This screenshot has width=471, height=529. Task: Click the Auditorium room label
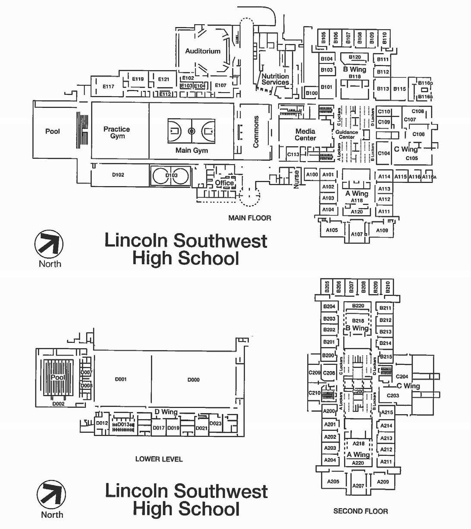[x=203, y=51]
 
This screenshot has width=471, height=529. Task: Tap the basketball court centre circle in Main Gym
[x=192, y=131]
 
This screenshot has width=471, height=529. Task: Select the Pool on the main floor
[x=53, y=131]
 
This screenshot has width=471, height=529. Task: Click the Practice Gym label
[x=117, y=132]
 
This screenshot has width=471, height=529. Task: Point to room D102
[x=118, y=175]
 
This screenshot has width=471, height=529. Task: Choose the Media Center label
[x=305, y=135]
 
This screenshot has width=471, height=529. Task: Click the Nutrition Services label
[x=275, y=79]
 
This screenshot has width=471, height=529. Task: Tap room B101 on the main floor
[x=327, y=87]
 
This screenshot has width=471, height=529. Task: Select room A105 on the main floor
[x=332, y=230]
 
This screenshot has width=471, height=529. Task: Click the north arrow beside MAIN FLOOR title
[x=49, y=244]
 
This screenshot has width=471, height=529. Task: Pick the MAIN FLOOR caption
[x=250, y=218]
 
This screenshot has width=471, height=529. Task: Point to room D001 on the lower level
[x=121, y=379]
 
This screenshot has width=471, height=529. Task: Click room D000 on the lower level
[x=194, y=380]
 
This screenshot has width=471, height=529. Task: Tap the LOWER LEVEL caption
[x=159, y=459]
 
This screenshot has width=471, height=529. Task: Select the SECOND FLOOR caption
[x=361, y=511]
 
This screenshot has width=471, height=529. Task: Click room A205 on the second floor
[x=333, y=482]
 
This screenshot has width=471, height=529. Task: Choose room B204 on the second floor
[x=329, y=307]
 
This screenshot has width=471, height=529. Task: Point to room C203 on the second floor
[x=393, y=395]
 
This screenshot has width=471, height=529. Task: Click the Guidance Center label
[x=347, y=135]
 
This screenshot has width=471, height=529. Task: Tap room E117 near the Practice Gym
[x=108, y=87]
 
